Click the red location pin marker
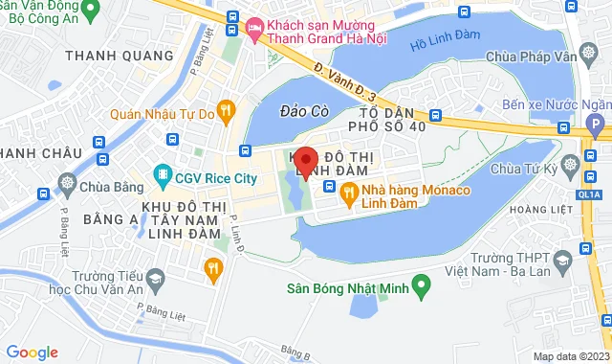coord(305,161)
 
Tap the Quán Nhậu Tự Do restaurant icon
coord(226,110)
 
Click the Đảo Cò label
coord(304,112)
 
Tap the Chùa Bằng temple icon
coord(67,182)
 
